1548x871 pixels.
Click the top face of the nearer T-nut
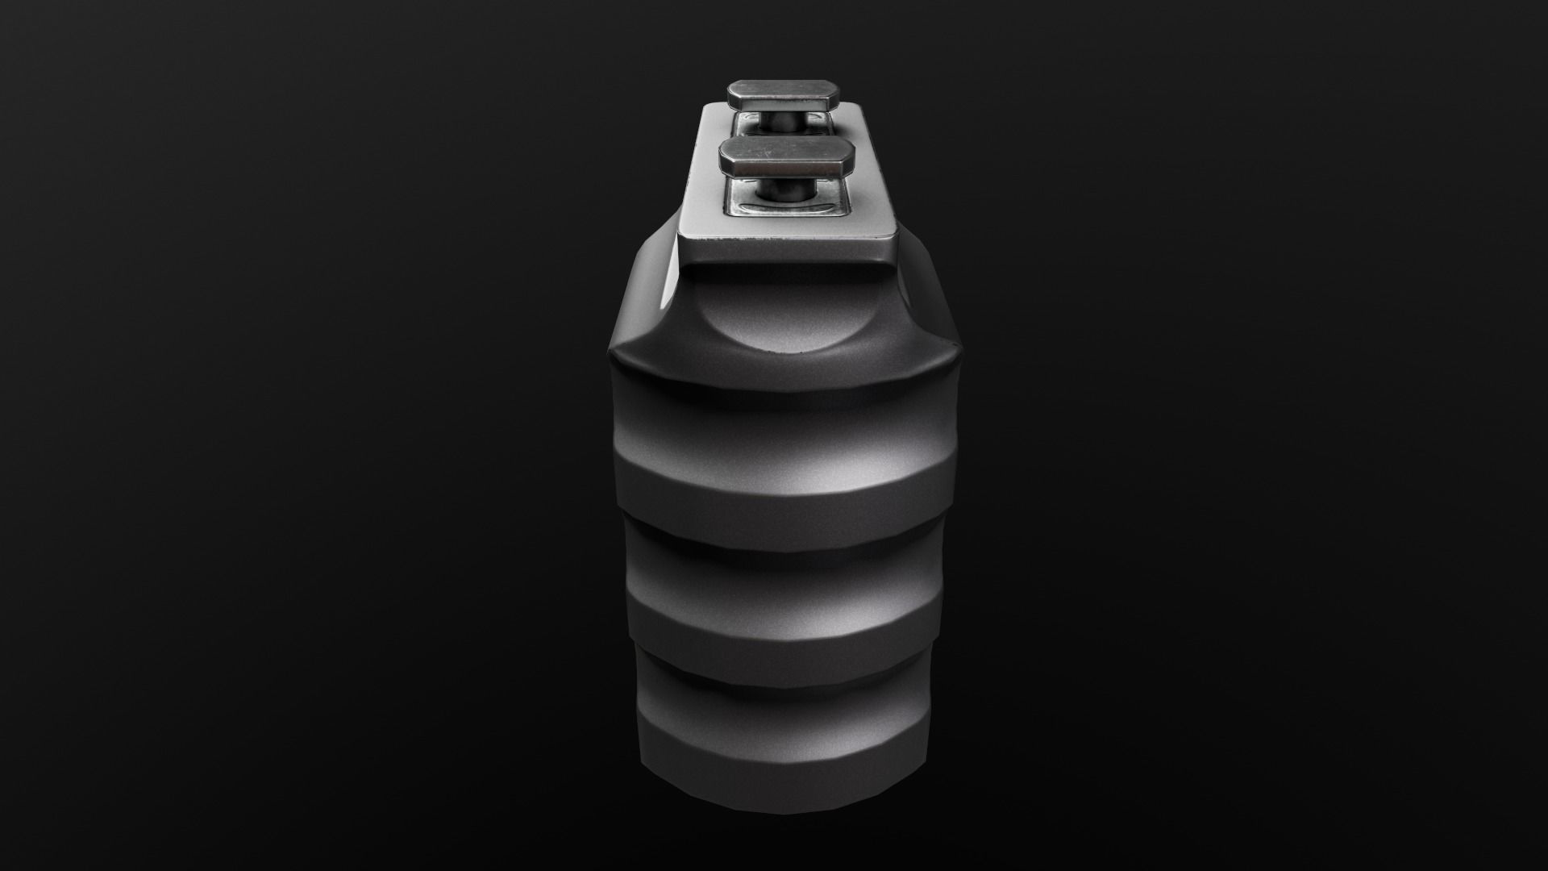(786, 151)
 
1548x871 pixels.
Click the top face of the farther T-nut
(786, 88)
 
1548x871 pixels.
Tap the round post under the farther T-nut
(786, 123)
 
